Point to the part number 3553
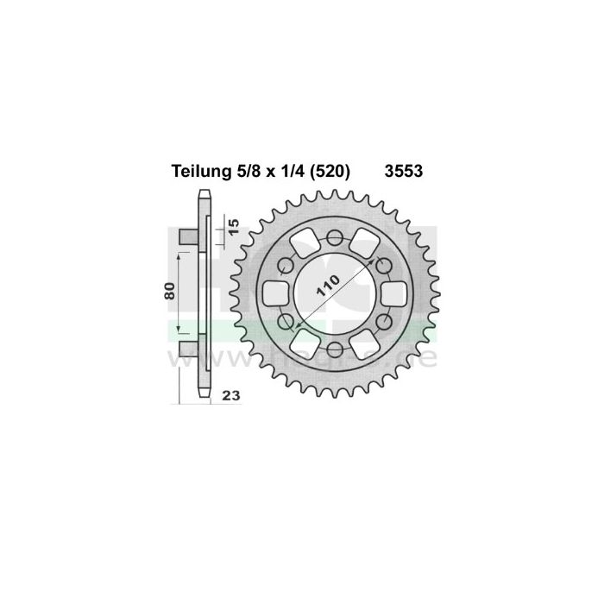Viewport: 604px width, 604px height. point(402,172)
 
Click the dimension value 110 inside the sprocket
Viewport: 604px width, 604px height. point(334,291)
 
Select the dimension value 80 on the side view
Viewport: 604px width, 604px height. point(170,293)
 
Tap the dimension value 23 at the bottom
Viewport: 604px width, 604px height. point(230,396)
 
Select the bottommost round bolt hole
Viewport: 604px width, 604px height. point(333,349)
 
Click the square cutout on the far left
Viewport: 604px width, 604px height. point(275,292)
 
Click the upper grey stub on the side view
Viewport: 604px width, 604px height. point(187,236)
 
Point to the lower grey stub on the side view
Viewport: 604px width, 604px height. point(187,349)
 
